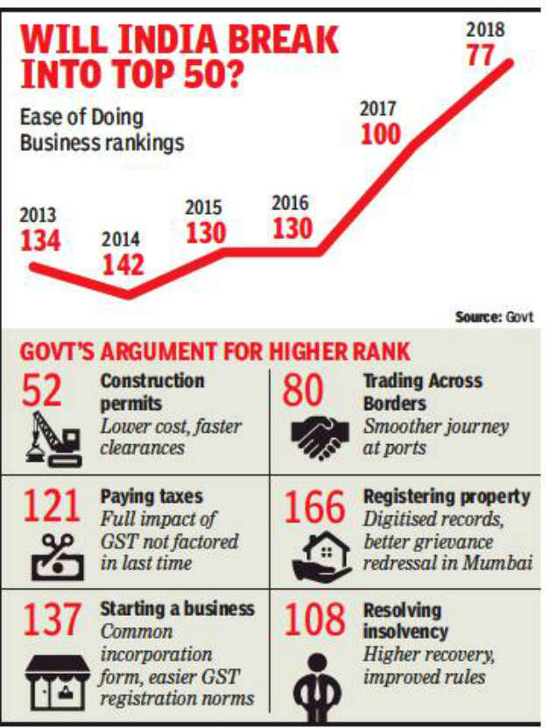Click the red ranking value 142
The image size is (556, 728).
[x=123, y=264]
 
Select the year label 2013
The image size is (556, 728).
[x=39, y=216]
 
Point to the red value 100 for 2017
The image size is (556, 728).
[x=380, y=134]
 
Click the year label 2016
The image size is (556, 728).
[x=291, y=203]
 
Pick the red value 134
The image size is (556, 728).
[x=41, y=241]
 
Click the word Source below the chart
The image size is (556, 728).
[x=477, y=318]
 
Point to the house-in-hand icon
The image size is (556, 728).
[x=317, y=558]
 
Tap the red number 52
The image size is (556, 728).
[x=43, y=392]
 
